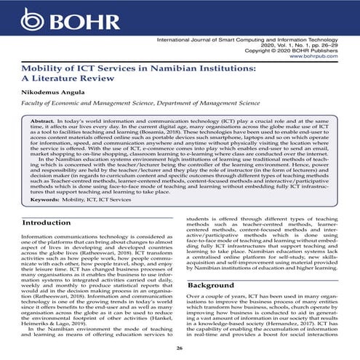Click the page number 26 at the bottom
coord(180,347)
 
